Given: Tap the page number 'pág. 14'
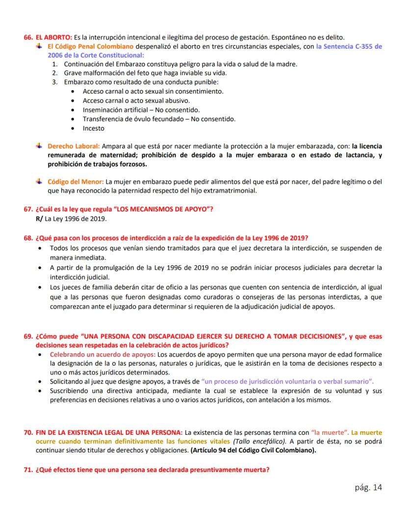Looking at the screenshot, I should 368,487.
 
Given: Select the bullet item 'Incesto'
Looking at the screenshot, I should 93,128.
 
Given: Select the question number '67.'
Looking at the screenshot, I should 28,209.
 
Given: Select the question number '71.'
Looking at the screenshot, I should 28,470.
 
